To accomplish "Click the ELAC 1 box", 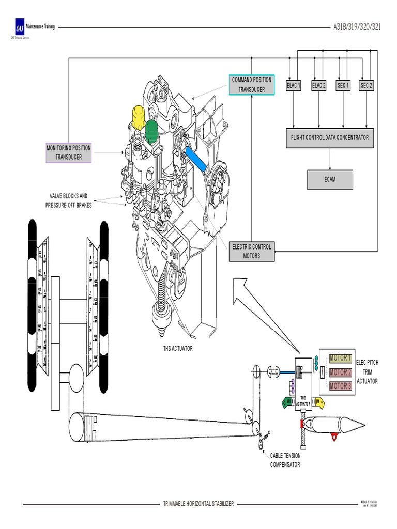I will coord(293,86).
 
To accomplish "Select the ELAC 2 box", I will coord(318,86).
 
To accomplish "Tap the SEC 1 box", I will coord(343,86).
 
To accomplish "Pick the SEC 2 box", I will coord(366,86).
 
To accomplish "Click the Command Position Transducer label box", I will coord(251,85).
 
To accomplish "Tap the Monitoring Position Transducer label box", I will coord(69,152).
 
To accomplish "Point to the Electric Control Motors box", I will coord(252,252).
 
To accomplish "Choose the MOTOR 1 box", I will coord(340,358).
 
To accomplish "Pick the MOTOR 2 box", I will coord(340,372).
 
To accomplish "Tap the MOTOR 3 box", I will coord(340,386).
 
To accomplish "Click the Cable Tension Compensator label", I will coord(285,460).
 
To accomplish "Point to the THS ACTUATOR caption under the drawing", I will coord(177,348).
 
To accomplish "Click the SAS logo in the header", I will coord(20,27).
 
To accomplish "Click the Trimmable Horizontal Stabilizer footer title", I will coord(198,503).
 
